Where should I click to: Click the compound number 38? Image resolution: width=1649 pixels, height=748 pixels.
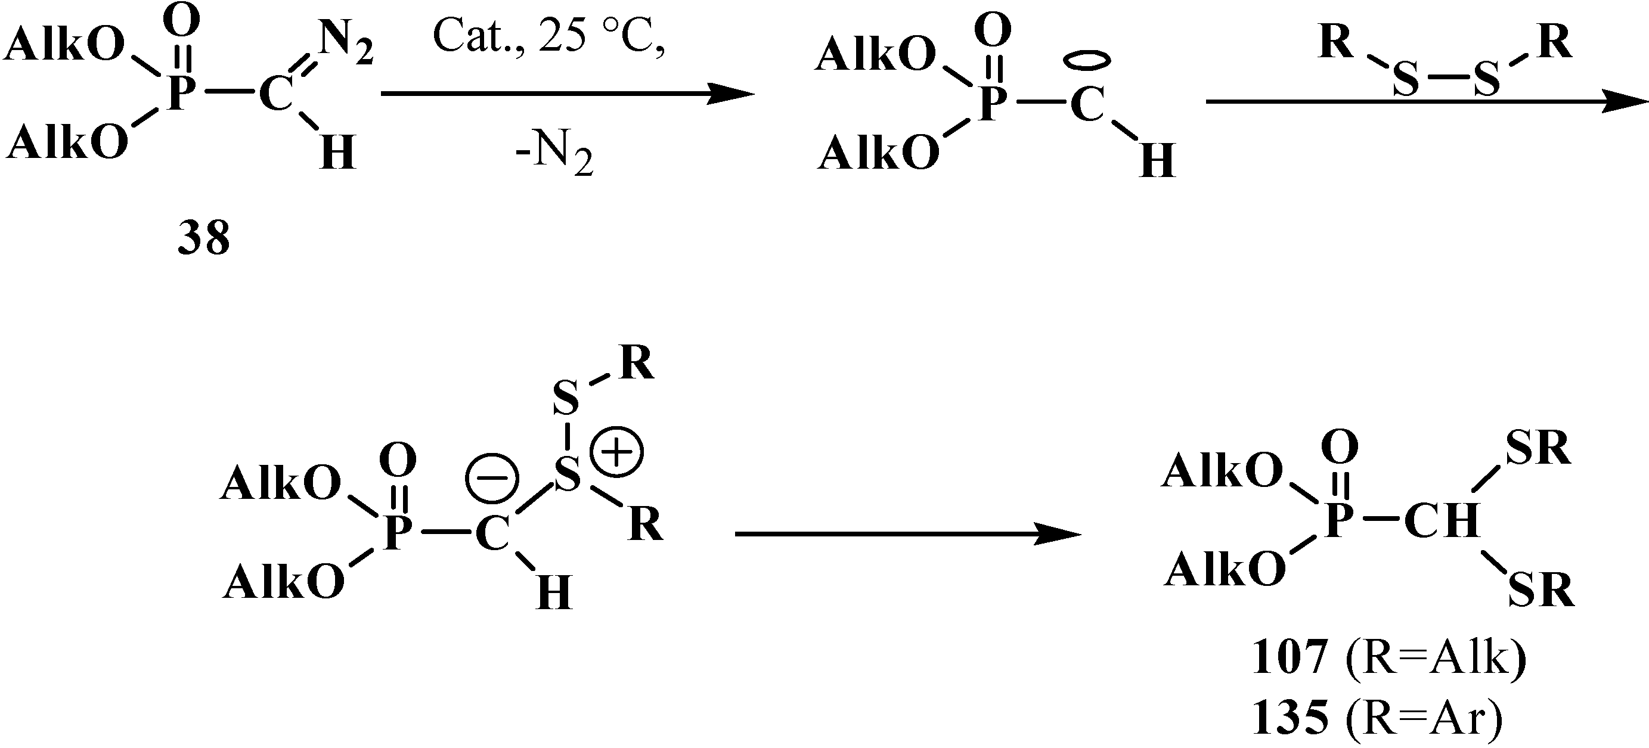[x=203, y=238]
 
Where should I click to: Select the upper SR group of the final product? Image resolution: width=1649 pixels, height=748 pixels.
[x=1538, y=449]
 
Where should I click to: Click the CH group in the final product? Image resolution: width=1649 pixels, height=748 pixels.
[x=1442, y=520]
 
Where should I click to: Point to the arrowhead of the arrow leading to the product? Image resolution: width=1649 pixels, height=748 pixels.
[x=1059, y=533]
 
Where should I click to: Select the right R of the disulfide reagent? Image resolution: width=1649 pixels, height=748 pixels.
[x=1555, y=43]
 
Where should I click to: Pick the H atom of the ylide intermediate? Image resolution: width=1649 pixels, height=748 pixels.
[x=554, y=592]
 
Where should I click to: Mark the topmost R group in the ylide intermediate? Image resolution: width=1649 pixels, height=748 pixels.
[x=636, y=363]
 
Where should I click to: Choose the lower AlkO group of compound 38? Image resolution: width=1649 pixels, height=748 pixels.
[x=67, y=141]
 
